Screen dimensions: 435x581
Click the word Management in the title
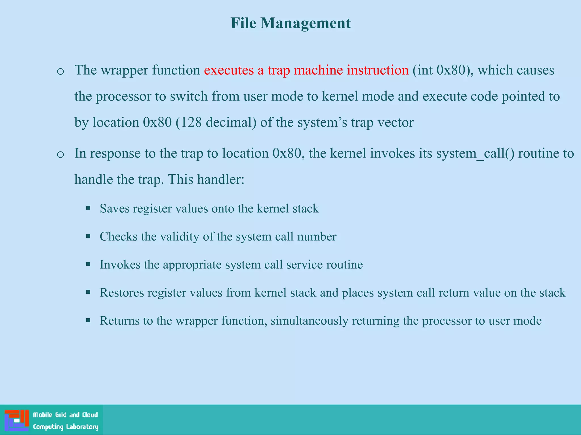306,23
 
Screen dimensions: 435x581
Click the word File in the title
243,23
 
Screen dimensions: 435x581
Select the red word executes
229,70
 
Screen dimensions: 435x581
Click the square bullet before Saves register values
88,208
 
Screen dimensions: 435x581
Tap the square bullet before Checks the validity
88,236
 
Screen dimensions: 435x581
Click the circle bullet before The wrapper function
60,71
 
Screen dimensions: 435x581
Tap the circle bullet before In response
60,155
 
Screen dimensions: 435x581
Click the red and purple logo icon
17,420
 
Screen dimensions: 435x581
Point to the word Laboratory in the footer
82,427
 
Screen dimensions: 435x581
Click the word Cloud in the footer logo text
90,415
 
